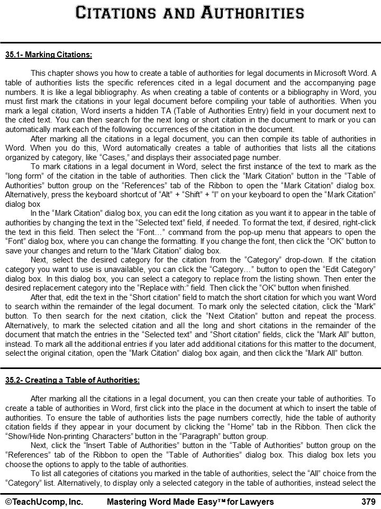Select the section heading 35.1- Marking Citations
tap(49, 55)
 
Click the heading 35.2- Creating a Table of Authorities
tap(72, 380)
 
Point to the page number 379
tap(368, 501)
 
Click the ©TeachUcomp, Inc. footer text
tap(44, 501)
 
